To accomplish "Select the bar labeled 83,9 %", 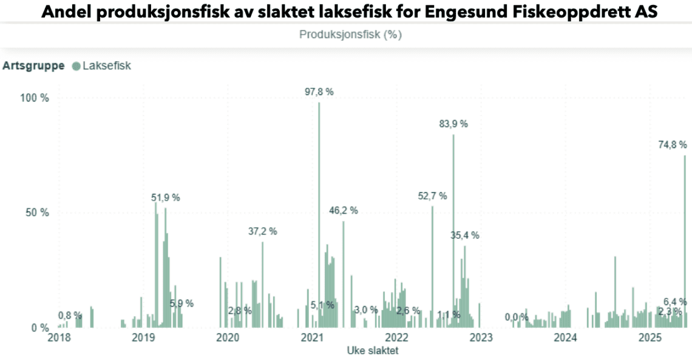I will coord(453,231).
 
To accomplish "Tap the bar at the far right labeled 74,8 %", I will coord(685,243).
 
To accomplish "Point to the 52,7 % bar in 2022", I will coord(432,267).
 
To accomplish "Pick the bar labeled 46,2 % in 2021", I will coord(343,273).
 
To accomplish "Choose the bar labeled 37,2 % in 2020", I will coord(263,285).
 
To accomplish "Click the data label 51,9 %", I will coord(166,198).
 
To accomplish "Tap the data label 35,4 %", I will coord(465,236).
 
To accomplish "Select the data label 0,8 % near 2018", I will coord(70,315).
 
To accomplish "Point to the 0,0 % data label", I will coord(516,317).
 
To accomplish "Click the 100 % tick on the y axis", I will coord(35,98).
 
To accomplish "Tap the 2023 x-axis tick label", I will coord(481,338).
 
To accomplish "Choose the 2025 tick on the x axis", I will coord(650,338).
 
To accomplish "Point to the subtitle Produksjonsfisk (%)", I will coord(350,35).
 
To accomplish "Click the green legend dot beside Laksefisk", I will coord(76,66).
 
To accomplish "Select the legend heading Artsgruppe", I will coord(33,66).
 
